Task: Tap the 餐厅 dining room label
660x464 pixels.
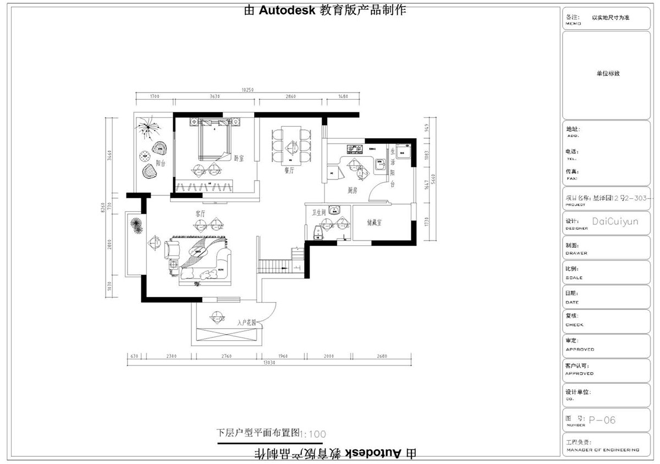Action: (290, 171)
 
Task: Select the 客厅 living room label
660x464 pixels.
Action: (200, 213)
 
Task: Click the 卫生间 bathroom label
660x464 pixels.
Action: (320, 212)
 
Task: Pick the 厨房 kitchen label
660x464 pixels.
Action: (353, 190)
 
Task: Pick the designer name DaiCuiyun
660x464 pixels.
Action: (615, 221)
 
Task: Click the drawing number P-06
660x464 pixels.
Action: (602, 421)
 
